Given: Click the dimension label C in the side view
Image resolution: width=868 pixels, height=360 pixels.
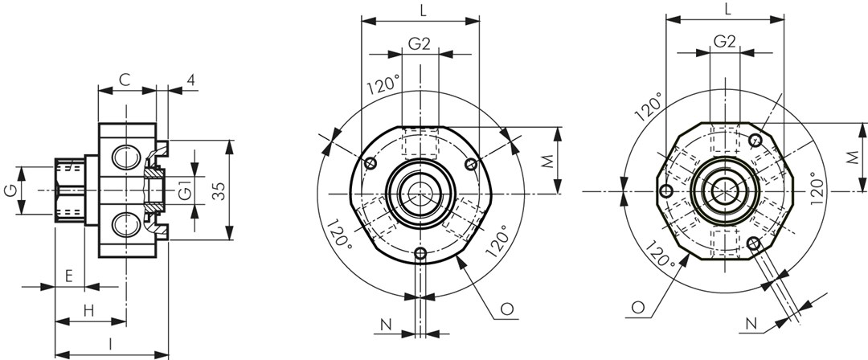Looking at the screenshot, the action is click(125, 80).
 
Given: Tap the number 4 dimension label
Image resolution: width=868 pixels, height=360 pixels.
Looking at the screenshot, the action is click(190, 80).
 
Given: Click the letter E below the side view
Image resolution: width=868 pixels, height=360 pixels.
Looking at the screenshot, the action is click(69, 276).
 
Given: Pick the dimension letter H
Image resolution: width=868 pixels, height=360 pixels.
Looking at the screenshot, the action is click(88, 311).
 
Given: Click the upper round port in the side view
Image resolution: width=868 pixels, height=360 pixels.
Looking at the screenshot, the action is click(123, 157).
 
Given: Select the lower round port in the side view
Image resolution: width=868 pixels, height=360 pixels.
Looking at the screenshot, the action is click(123, 226).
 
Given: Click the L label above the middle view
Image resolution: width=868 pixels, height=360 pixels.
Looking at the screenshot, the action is click(423, 10).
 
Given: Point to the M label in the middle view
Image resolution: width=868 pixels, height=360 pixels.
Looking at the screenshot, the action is click(547, 161).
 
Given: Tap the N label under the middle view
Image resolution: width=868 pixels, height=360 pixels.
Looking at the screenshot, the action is click(386, 325).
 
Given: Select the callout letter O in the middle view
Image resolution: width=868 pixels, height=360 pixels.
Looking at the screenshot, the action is click(506, 309).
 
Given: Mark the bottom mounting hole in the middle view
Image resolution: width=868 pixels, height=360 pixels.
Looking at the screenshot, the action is click(420, 254).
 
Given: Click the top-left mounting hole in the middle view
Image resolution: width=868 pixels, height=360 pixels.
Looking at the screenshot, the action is click(371, 163).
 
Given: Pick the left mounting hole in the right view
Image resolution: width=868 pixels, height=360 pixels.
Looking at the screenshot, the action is click(666, 191).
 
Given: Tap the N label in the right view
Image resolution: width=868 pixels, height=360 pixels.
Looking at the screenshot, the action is click(751, 324).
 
